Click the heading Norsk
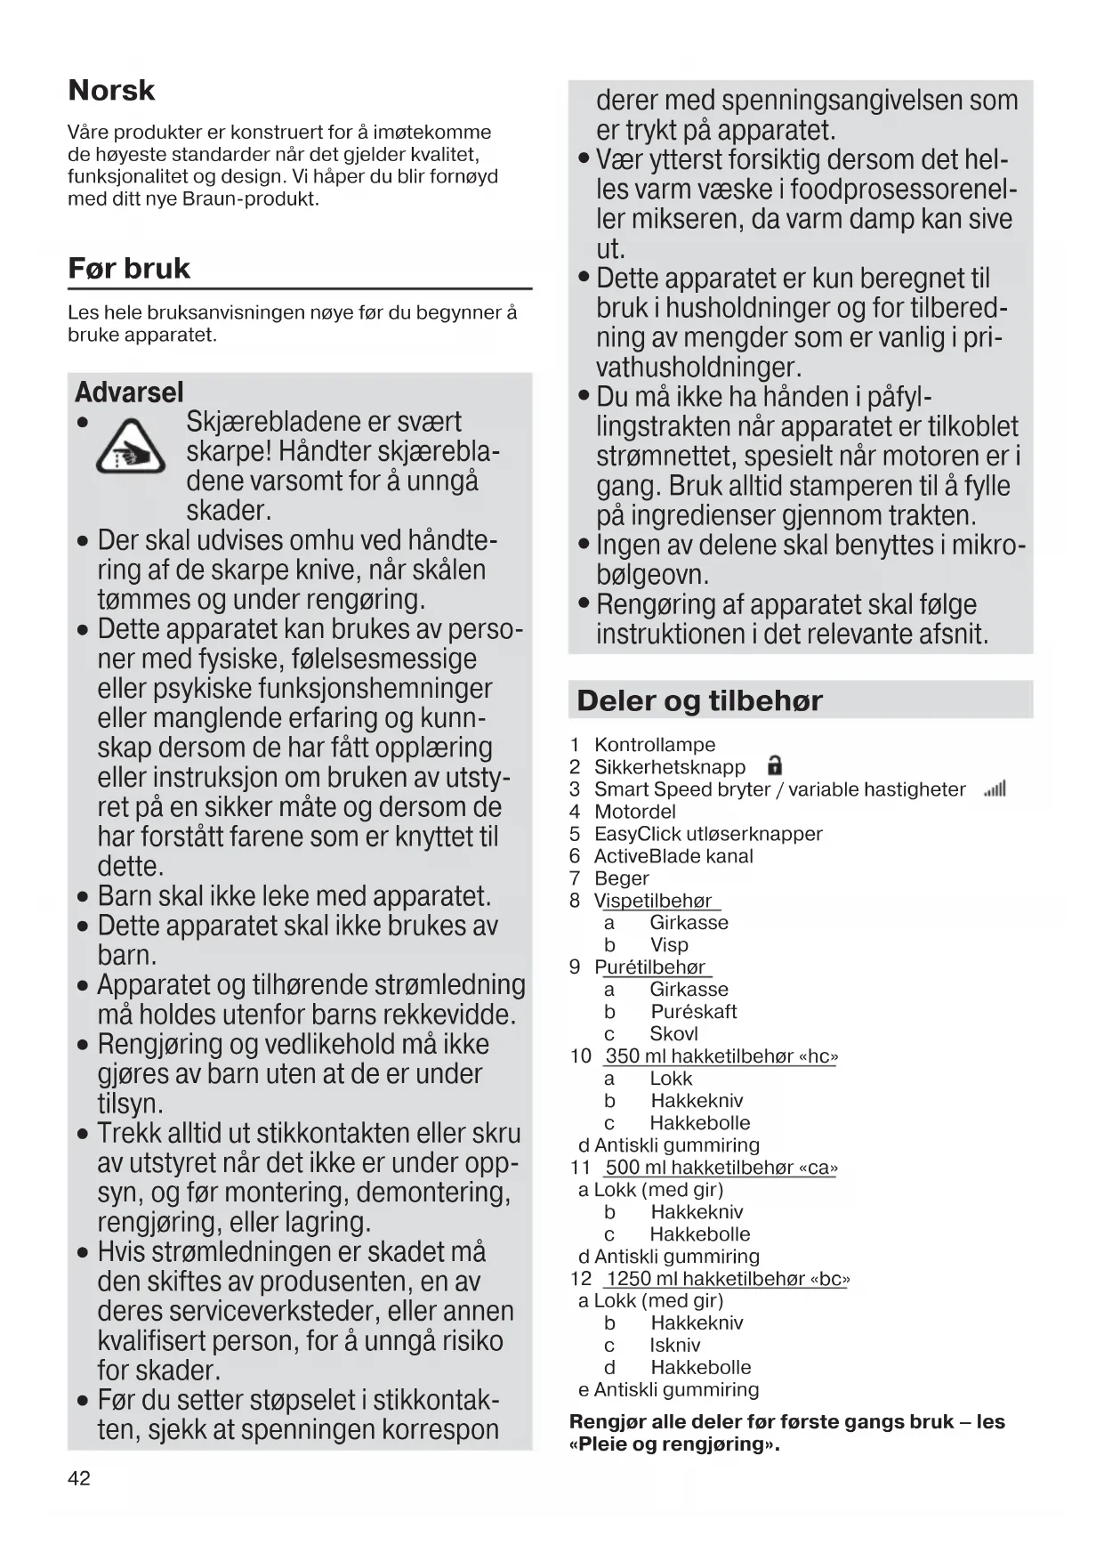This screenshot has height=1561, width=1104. [111, 91]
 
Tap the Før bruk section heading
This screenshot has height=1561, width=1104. [129, 269]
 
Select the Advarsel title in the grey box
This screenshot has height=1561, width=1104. [129, 392]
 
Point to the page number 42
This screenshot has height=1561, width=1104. [79, 1478]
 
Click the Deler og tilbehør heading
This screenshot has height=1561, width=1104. [699, 701]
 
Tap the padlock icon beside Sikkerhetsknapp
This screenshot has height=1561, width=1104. [774, 766]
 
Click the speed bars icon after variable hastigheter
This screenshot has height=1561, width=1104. [995, 789]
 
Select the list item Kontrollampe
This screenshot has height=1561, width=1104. [655, 745]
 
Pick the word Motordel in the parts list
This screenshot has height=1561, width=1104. [634, 812]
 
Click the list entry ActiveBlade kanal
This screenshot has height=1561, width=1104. [673, 856]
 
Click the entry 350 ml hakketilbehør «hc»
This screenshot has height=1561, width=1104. [721, 1056]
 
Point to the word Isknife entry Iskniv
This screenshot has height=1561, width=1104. [674, 1346]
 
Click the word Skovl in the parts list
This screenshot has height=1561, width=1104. [673, 1034]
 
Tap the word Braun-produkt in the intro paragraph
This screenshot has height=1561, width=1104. [250, 199]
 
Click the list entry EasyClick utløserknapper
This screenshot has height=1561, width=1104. [708, 834]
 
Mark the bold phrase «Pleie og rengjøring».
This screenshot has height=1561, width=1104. [674, 1444]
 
